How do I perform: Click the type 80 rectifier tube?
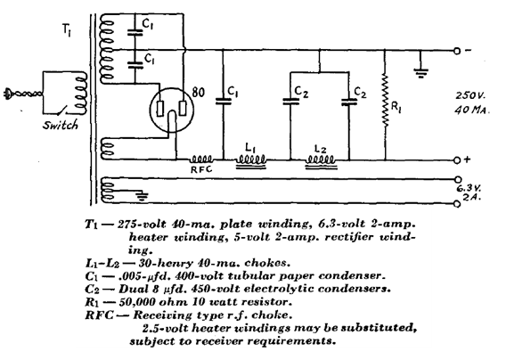(x=171, y=110)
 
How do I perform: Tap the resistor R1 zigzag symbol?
(x=385, y=100)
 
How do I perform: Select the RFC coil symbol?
(x=200, y=160)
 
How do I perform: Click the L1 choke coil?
(x=251, y=161)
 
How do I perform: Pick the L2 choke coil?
(x=321, y=161)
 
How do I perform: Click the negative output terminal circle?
(x=457, y=51)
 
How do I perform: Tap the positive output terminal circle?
(x=457, y=160)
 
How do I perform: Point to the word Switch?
(x=61, y=125)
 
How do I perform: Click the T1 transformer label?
(x=67, y=30)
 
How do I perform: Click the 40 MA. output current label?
(x=472, y=110)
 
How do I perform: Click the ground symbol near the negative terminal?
(x=420, y=74)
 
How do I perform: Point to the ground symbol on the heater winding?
(x=142, y=196)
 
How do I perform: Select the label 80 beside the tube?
(x=198, y=93)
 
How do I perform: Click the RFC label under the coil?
(x=201, y=168)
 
